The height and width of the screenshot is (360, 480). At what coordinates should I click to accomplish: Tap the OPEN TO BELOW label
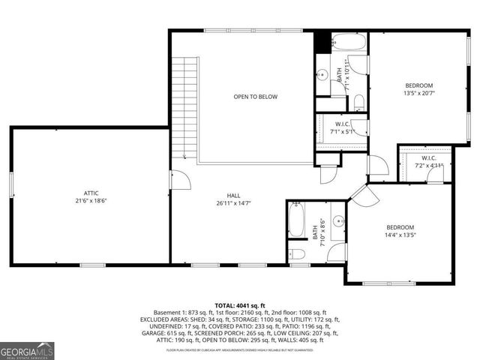256,97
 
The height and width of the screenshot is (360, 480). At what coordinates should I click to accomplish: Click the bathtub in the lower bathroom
295,223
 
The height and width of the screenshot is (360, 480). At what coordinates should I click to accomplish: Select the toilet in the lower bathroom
297,253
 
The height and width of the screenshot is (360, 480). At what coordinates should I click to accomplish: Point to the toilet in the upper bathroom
359,101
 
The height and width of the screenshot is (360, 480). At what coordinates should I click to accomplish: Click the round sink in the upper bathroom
321,74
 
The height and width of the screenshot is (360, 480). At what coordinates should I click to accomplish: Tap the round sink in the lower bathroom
337,221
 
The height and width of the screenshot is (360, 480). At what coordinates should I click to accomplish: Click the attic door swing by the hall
179,179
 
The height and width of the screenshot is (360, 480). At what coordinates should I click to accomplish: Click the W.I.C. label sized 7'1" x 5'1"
341,127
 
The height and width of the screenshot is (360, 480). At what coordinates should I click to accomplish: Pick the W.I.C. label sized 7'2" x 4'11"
429,162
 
